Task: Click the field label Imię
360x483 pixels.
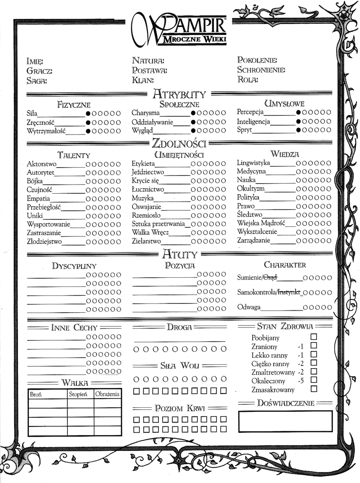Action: click(x=35, y=61)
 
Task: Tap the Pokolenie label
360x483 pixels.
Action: click(x=257, y=60)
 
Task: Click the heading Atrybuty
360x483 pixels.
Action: click(x=179, y=95)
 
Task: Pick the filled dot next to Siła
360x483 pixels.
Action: click(x=88, y=113)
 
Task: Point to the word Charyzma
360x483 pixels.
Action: click(x=145, y=113)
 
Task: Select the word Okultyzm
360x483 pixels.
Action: click(x=251, y=189)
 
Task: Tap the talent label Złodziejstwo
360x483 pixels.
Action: click(x=44, y=241)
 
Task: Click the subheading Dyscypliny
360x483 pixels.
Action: click(x=74, y=266)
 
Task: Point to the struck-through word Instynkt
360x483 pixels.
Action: click(x=289, y=292)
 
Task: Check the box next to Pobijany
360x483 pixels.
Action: click(x=314, y=337)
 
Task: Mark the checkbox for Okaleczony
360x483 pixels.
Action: click(x=314, y=381)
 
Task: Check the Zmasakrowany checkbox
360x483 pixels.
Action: click(x=314, y=389)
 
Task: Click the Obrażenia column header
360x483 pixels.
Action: click(x=108, y=394)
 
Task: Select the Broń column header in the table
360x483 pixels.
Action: click(x=36, y=394)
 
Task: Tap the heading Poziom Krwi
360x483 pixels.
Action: click(x=180, y=408)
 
